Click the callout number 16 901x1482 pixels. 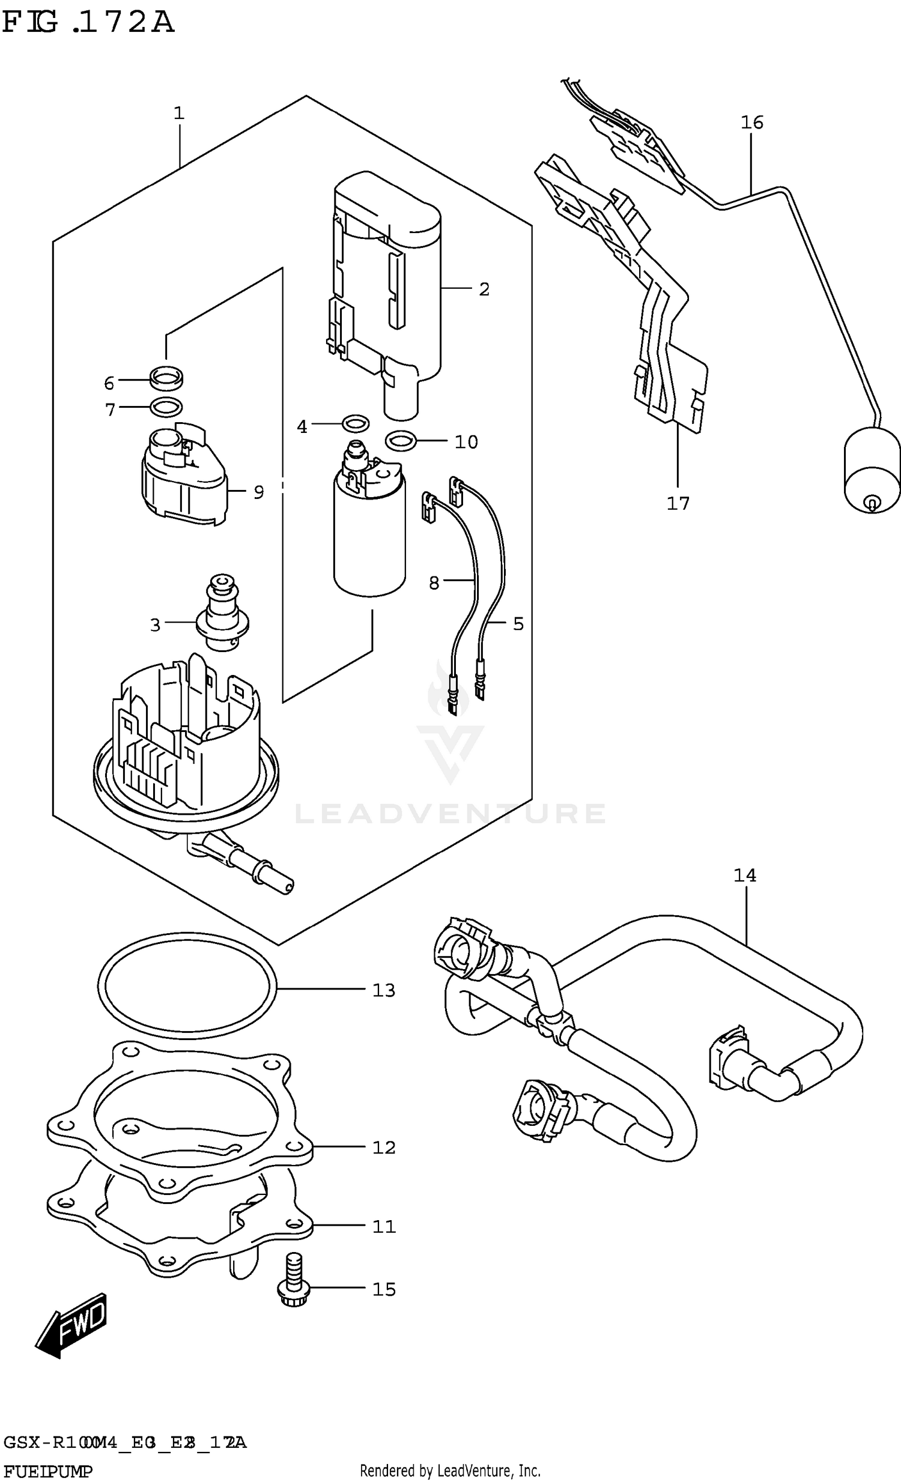coord(751,122)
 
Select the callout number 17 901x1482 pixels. coord(678,503)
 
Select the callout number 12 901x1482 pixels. coord(384,1148)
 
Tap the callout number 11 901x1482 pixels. coord(384,1226)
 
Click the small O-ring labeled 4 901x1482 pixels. coord(355,424)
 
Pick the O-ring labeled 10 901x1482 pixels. coord(400,441)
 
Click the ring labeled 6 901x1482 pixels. coord(167,379)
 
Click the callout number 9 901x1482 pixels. coord(259,492)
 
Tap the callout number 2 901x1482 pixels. coord(484,289)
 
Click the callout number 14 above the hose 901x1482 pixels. coord(744,875)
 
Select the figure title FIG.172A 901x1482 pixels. coord(88,23)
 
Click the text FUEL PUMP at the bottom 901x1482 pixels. coord(48,1471)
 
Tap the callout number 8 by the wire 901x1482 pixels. coord(434,583)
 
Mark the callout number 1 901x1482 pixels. coord(178,113)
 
